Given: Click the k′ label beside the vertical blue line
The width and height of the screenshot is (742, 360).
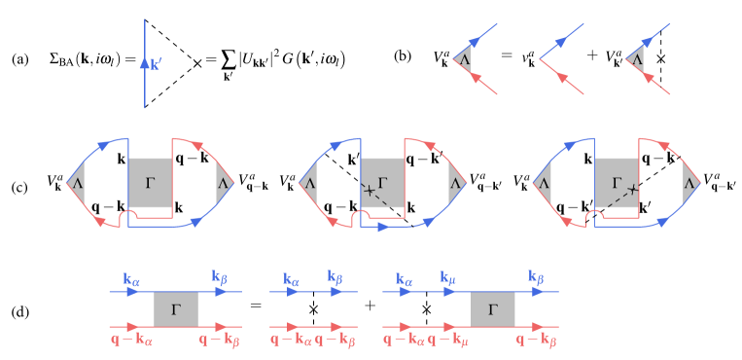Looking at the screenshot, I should coord(157,64).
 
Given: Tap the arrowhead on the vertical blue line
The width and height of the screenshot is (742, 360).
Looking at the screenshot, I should coord(145,64).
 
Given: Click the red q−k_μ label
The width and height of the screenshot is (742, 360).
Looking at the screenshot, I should coord(448,341).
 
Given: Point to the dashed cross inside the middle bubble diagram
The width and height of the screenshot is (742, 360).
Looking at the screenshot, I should coord(370,191).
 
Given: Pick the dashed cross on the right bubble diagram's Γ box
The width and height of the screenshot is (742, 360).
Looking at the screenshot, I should coord(632,189).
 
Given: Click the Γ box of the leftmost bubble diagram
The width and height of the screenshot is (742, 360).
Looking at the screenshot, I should coord(150,182).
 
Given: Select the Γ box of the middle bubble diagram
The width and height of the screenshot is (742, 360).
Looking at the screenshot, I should coord(382,182).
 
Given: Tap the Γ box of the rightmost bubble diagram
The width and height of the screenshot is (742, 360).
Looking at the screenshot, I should coord(617,182).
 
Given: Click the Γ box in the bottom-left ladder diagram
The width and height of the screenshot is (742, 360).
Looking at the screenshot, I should coord(176,309).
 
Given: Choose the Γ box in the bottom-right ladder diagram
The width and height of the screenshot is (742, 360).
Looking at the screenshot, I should coord(493,309).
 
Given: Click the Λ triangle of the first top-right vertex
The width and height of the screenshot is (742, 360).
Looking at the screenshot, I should coord(464,59).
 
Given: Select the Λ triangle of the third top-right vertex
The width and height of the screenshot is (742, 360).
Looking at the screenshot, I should coord(637,59).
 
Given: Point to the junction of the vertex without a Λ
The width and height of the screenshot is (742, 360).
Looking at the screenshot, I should coord(541,59).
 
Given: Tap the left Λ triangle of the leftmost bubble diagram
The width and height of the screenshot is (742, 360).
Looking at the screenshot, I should coord(77,182).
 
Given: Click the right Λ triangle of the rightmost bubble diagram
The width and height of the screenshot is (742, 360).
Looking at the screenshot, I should coord(689,182).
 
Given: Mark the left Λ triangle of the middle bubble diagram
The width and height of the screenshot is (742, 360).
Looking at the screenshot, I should coord(309,182).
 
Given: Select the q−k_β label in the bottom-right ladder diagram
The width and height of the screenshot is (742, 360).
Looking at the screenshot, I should coord(536,341).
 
